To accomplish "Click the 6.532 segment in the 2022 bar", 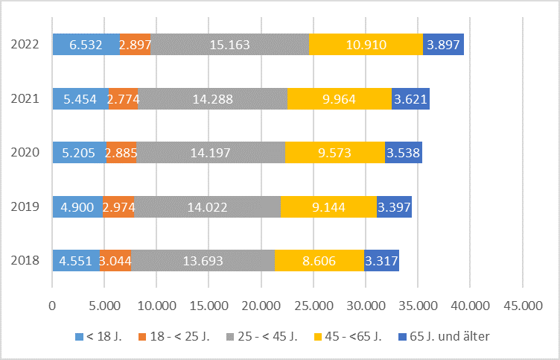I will tap(86, 45).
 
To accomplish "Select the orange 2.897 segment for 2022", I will tap(135, 45).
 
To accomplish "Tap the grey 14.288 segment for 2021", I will tap(212, 98).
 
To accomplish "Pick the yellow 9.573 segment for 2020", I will tap(335, 153).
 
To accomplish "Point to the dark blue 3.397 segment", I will tap(395, 206).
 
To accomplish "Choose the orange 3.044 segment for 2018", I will tap(115, 260).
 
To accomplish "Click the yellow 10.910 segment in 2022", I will tap(366, 45).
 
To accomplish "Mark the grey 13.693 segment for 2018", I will tap(203, 260).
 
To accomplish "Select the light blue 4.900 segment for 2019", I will tap(77, 206).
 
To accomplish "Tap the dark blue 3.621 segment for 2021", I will tap(410, 98).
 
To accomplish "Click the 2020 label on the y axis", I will tap(25, 153).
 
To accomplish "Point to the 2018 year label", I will tap(25, 260).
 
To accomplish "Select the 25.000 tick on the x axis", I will tap(313, 305).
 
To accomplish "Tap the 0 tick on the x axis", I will tap(52, 305).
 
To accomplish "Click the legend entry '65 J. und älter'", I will tap(449, 336).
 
